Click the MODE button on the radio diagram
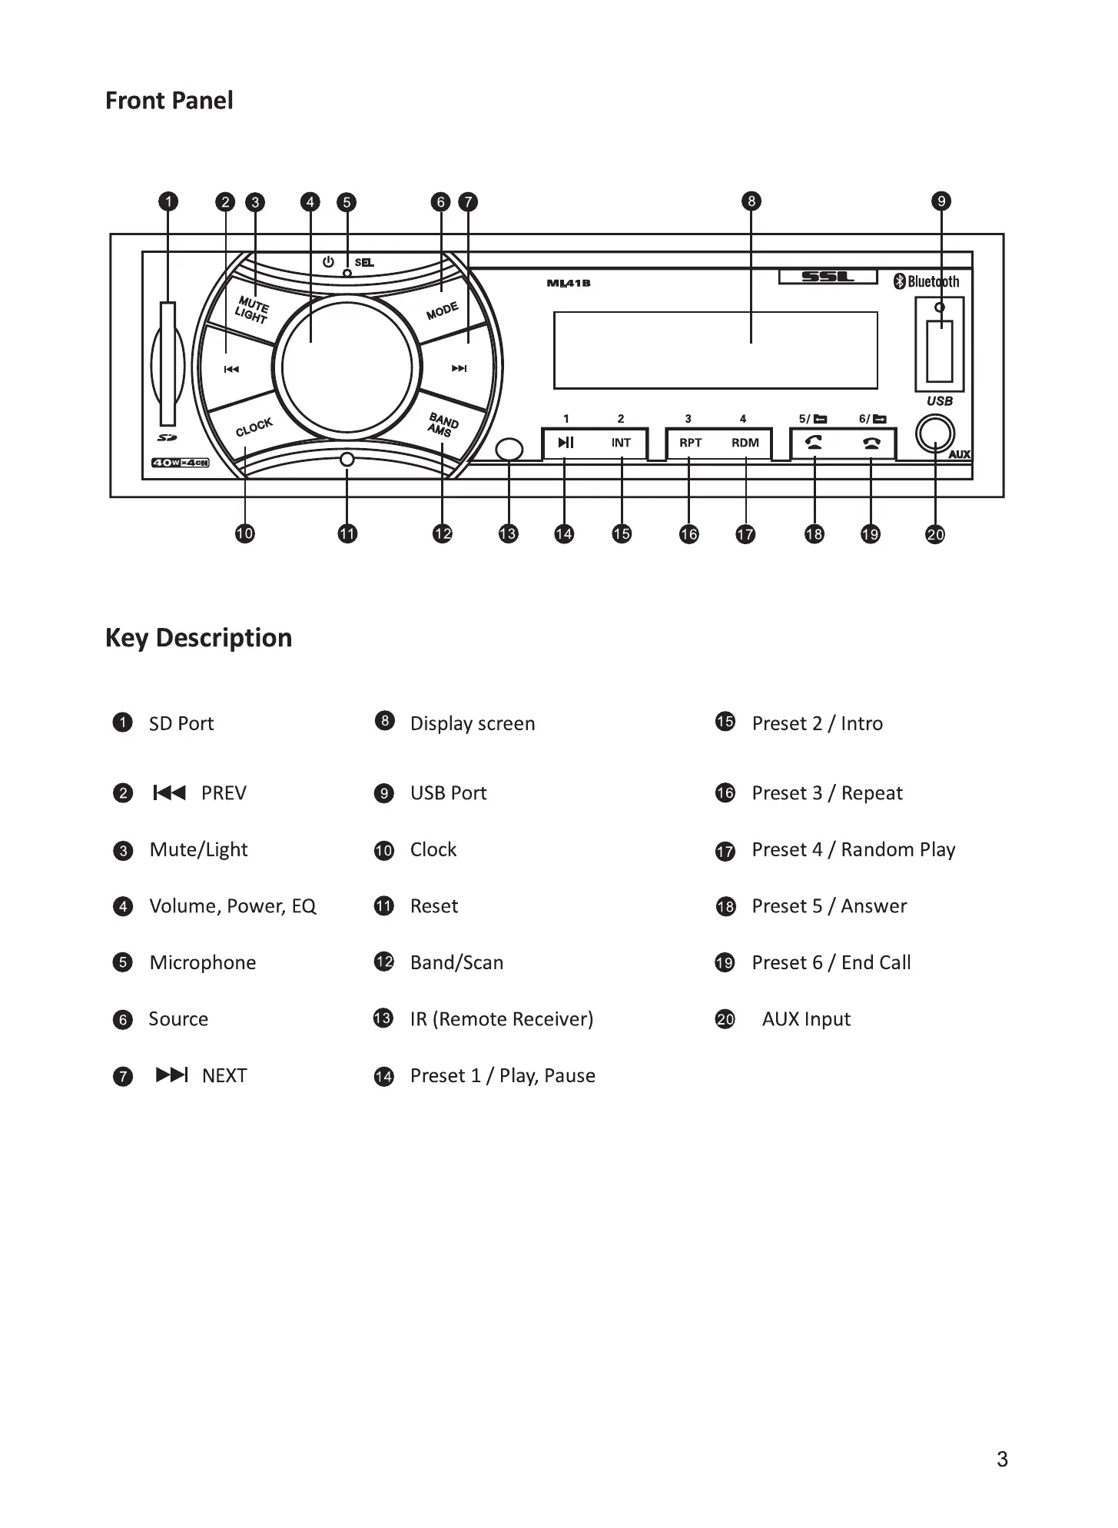click(442, 311)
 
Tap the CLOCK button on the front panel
click(254, 427)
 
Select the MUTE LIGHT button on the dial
click(251, 310)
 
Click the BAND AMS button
click(443, 424)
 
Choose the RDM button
click(745, 443)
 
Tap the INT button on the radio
click(621, 443)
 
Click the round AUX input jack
click(934, 434)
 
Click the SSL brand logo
click(828, 277)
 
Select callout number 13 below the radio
click(508, 533)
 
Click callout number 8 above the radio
click(751, 201)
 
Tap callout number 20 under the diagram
click(935, 534)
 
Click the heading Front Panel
click(169, 101)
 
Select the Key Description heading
click(198, 638)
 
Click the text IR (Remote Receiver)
click(501, 1019)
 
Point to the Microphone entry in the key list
click(202, 962)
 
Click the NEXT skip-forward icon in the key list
click(171, 1075)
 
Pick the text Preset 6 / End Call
click(831, 962)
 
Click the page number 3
click(1002, 1459)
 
